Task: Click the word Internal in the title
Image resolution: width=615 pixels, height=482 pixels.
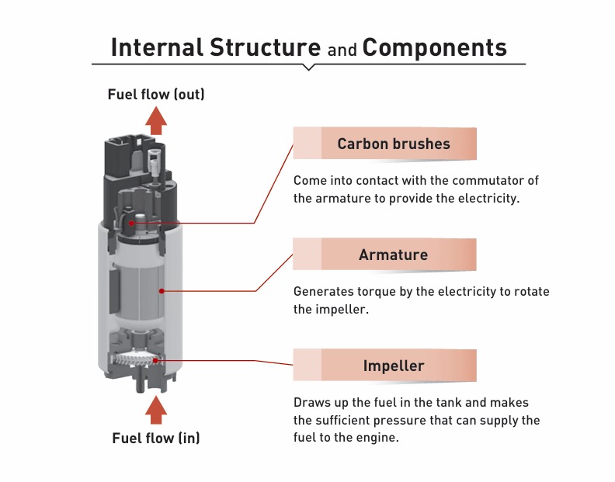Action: point(155,47)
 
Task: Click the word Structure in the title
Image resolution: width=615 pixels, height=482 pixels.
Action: point(266,47)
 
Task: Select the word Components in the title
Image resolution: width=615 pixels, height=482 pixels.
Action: point(435,47)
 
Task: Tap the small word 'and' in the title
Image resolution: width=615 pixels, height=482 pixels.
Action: point(342,50)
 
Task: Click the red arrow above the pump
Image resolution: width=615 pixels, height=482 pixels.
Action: point(157,120)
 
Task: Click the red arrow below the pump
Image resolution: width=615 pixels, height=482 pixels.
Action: point(157,409)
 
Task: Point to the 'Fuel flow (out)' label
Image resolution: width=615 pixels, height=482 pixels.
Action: point(156,95)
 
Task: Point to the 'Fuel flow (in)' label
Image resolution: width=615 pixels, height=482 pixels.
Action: point(156,438)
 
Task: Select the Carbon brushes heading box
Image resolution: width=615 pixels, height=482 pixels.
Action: point(394,144)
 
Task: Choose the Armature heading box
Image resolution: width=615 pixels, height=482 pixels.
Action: point(394,255)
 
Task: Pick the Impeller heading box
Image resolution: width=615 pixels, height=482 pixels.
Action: point(394,366)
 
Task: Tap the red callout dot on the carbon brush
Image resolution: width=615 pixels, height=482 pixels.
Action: point(133,224)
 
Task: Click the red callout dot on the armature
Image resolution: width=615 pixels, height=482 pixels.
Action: point(162,291)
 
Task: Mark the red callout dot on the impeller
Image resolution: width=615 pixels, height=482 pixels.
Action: point(156,360)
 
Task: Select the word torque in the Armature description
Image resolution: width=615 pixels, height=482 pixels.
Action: point(373,293)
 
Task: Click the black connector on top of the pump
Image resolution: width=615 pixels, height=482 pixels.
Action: point(128,159)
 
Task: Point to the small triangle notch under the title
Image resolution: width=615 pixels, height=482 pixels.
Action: point(308,68)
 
